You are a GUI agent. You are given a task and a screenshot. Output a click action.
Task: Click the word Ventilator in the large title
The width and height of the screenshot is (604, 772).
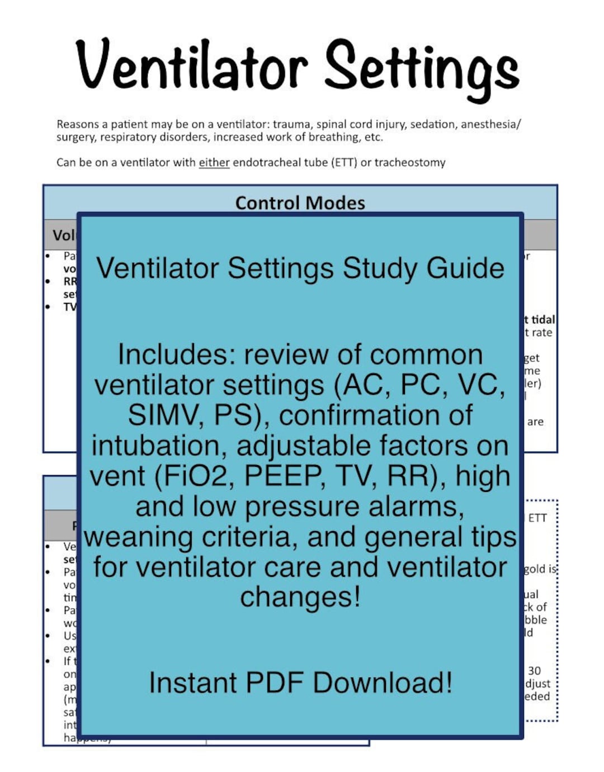(191, 65)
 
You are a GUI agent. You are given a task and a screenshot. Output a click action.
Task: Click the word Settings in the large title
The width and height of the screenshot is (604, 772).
(422, 68)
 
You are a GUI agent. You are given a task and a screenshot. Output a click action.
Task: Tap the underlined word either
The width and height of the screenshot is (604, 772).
(214, 163)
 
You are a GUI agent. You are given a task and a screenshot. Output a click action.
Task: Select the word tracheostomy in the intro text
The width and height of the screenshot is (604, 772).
(410, 163)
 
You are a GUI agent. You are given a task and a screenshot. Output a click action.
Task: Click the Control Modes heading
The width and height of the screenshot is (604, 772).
(300, 202)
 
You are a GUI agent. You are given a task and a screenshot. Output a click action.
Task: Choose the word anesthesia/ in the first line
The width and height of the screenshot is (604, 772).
(491, 124)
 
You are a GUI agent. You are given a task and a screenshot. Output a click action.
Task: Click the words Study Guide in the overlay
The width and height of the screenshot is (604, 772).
(423, 268)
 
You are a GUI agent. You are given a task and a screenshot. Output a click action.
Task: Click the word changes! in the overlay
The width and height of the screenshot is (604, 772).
(300, 597)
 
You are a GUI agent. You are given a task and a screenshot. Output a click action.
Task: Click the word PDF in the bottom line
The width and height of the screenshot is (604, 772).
(274, 683)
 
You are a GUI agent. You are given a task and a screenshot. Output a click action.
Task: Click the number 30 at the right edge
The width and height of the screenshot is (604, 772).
(534, 671)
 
